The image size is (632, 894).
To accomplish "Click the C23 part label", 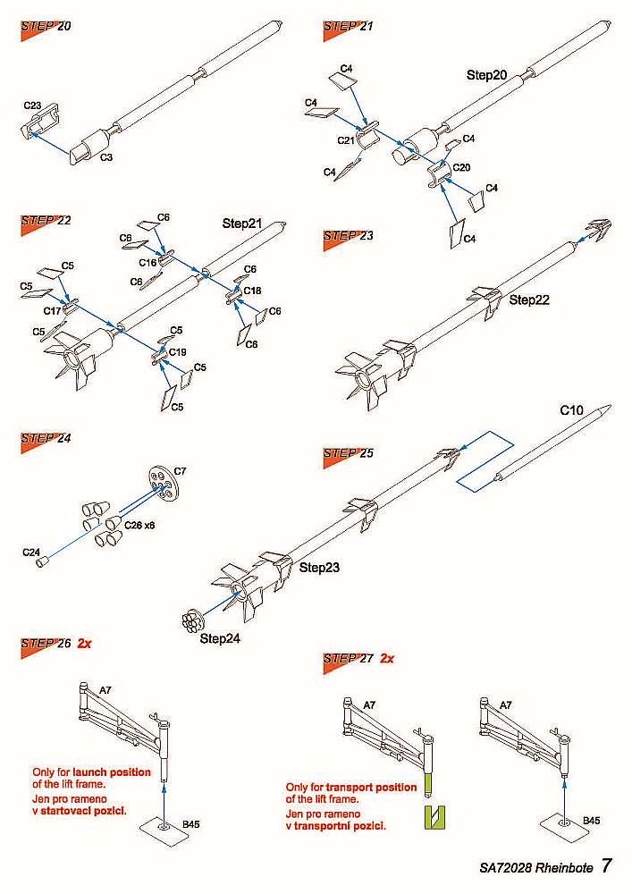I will tap(32, 105).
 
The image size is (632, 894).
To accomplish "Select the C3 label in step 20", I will tap(105, 156).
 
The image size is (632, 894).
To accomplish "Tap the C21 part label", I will tap(346, 140).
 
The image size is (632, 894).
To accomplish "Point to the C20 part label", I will tap(461, 167).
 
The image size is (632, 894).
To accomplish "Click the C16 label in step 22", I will tap(147, 263).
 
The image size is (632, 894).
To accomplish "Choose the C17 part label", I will tap(52, 309).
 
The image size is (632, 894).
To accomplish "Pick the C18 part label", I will tap(252, 291).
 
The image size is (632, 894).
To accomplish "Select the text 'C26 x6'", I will tap(139, 525).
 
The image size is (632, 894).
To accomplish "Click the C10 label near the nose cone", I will tap(571, 410).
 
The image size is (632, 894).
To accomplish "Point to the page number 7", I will tap(607, 865).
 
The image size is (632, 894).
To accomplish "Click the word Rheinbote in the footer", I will tap(560, 867).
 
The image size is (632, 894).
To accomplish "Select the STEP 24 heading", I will tap(46, 438).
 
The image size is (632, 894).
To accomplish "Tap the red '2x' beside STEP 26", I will tap(85, 643).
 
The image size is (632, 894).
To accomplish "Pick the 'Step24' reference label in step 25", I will tap(221, 638).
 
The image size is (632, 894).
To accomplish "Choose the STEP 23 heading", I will tap(349, 235).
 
